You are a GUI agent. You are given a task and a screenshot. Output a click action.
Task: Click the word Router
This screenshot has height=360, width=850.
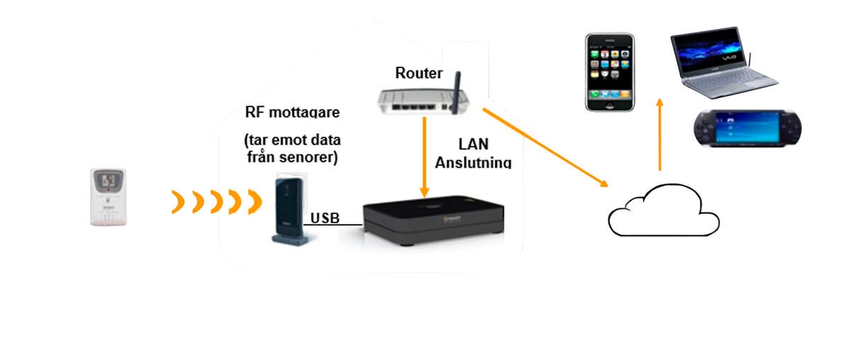tap(419, 72)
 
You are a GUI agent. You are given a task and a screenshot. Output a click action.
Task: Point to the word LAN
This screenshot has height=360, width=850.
tap(474, 145)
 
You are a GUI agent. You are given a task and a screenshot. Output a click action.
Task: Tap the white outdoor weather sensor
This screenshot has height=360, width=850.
tap(108, 197)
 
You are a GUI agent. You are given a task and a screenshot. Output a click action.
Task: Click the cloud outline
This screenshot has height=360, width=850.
tap(663, 210)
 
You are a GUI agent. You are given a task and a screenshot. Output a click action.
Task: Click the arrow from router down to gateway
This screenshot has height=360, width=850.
tap(424, 155)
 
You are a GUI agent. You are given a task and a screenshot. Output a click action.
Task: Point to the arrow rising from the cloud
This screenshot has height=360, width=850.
tap(659, 135)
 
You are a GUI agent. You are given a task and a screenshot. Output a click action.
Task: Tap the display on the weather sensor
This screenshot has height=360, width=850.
tap(108, 181)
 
